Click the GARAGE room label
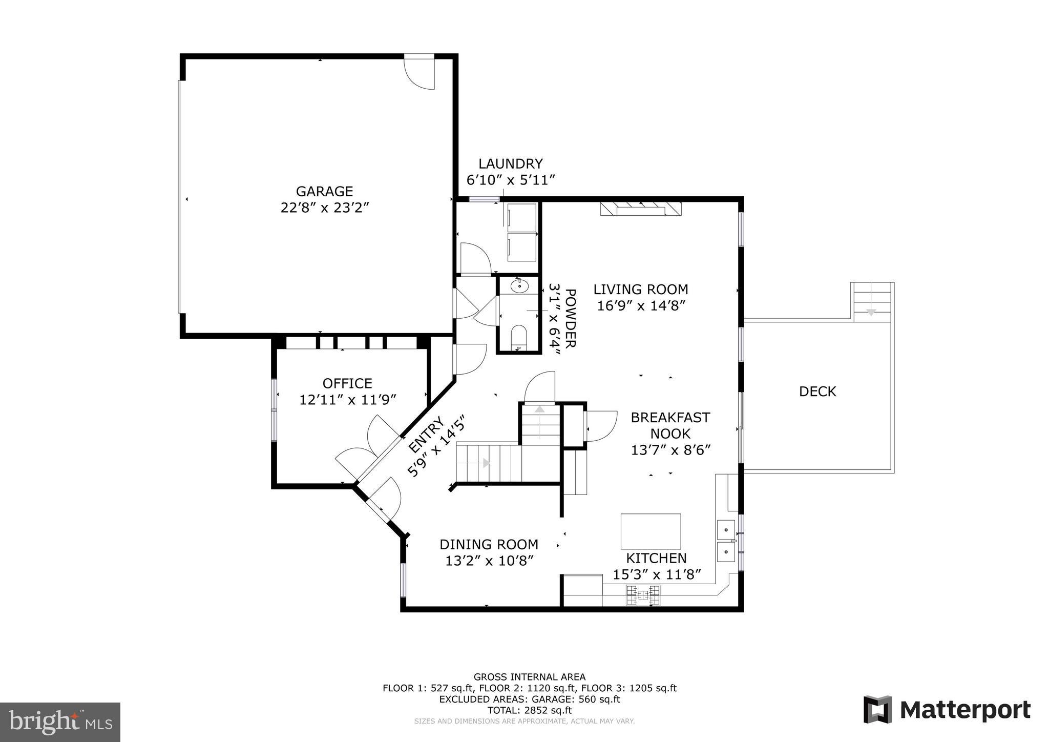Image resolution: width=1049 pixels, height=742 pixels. click(324, 191)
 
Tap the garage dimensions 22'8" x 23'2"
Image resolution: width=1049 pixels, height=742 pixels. click(324, 208)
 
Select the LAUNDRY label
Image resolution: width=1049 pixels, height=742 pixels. click(510, 163)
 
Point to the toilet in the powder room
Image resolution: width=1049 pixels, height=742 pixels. click(519, 336)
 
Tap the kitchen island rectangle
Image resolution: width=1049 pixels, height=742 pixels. click(651, 531)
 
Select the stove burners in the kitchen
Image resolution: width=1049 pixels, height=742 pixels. click(642, 594)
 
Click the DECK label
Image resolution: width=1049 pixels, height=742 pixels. click(817, 391)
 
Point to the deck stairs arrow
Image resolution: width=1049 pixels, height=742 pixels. click(871, 311)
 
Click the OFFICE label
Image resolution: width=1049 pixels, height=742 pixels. click(347, 383)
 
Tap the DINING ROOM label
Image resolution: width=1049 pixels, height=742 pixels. click(489, 544)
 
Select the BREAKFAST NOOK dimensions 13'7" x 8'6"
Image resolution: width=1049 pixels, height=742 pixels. click(670, 450)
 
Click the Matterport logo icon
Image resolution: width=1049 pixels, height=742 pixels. click(877, 710)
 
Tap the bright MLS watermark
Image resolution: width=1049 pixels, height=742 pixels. click(60, 722)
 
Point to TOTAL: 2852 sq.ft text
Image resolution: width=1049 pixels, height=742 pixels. click(529, 710)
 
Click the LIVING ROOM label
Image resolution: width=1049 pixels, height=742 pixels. click(640, 289)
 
